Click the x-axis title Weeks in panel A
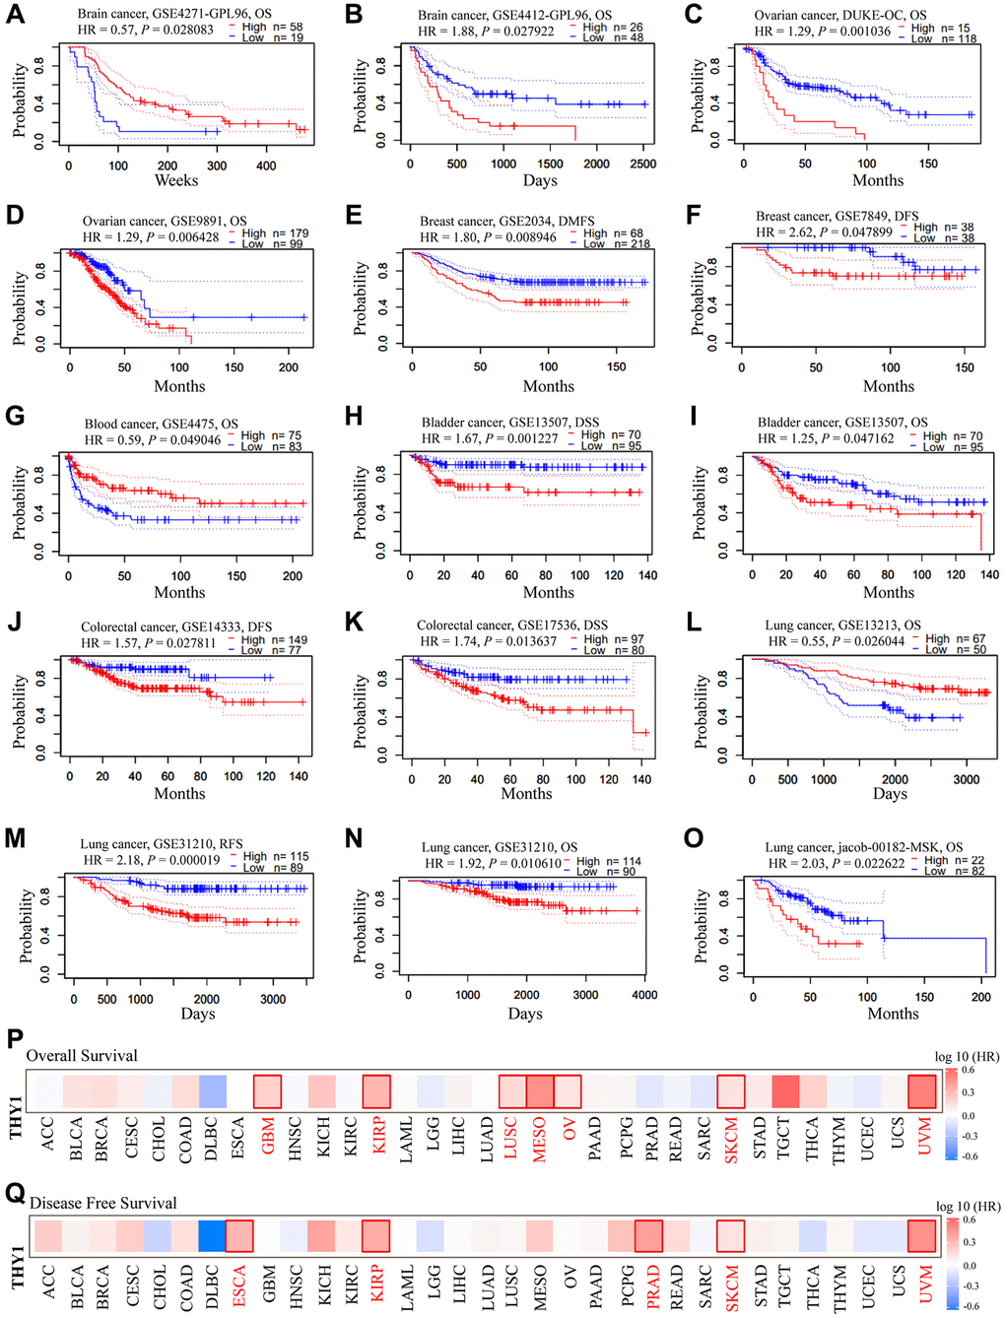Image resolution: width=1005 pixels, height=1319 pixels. [176, 180]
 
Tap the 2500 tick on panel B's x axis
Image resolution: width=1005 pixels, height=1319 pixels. [642, 165]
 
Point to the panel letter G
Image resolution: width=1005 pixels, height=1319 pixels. [14, 416]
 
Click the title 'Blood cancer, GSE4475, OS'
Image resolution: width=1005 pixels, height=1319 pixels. [162, 425]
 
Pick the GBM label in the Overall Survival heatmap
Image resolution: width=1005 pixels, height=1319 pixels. [268, 1141]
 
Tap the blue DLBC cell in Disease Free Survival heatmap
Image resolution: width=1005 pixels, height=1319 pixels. [211, 1235]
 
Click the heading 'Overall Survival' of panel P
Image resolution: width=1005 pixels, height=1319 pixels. [82, 1056]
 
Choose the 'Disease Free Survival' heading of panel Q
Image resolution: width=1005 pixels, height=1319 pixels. [103, 1203]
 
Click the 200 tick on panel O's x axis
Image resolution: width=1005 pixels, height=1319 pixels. [981, 997]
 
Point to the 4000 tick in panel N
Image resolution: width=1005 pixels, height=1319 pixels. [644, 995]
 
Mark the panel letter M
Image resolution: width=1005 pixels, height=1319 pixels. [15, 838]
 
